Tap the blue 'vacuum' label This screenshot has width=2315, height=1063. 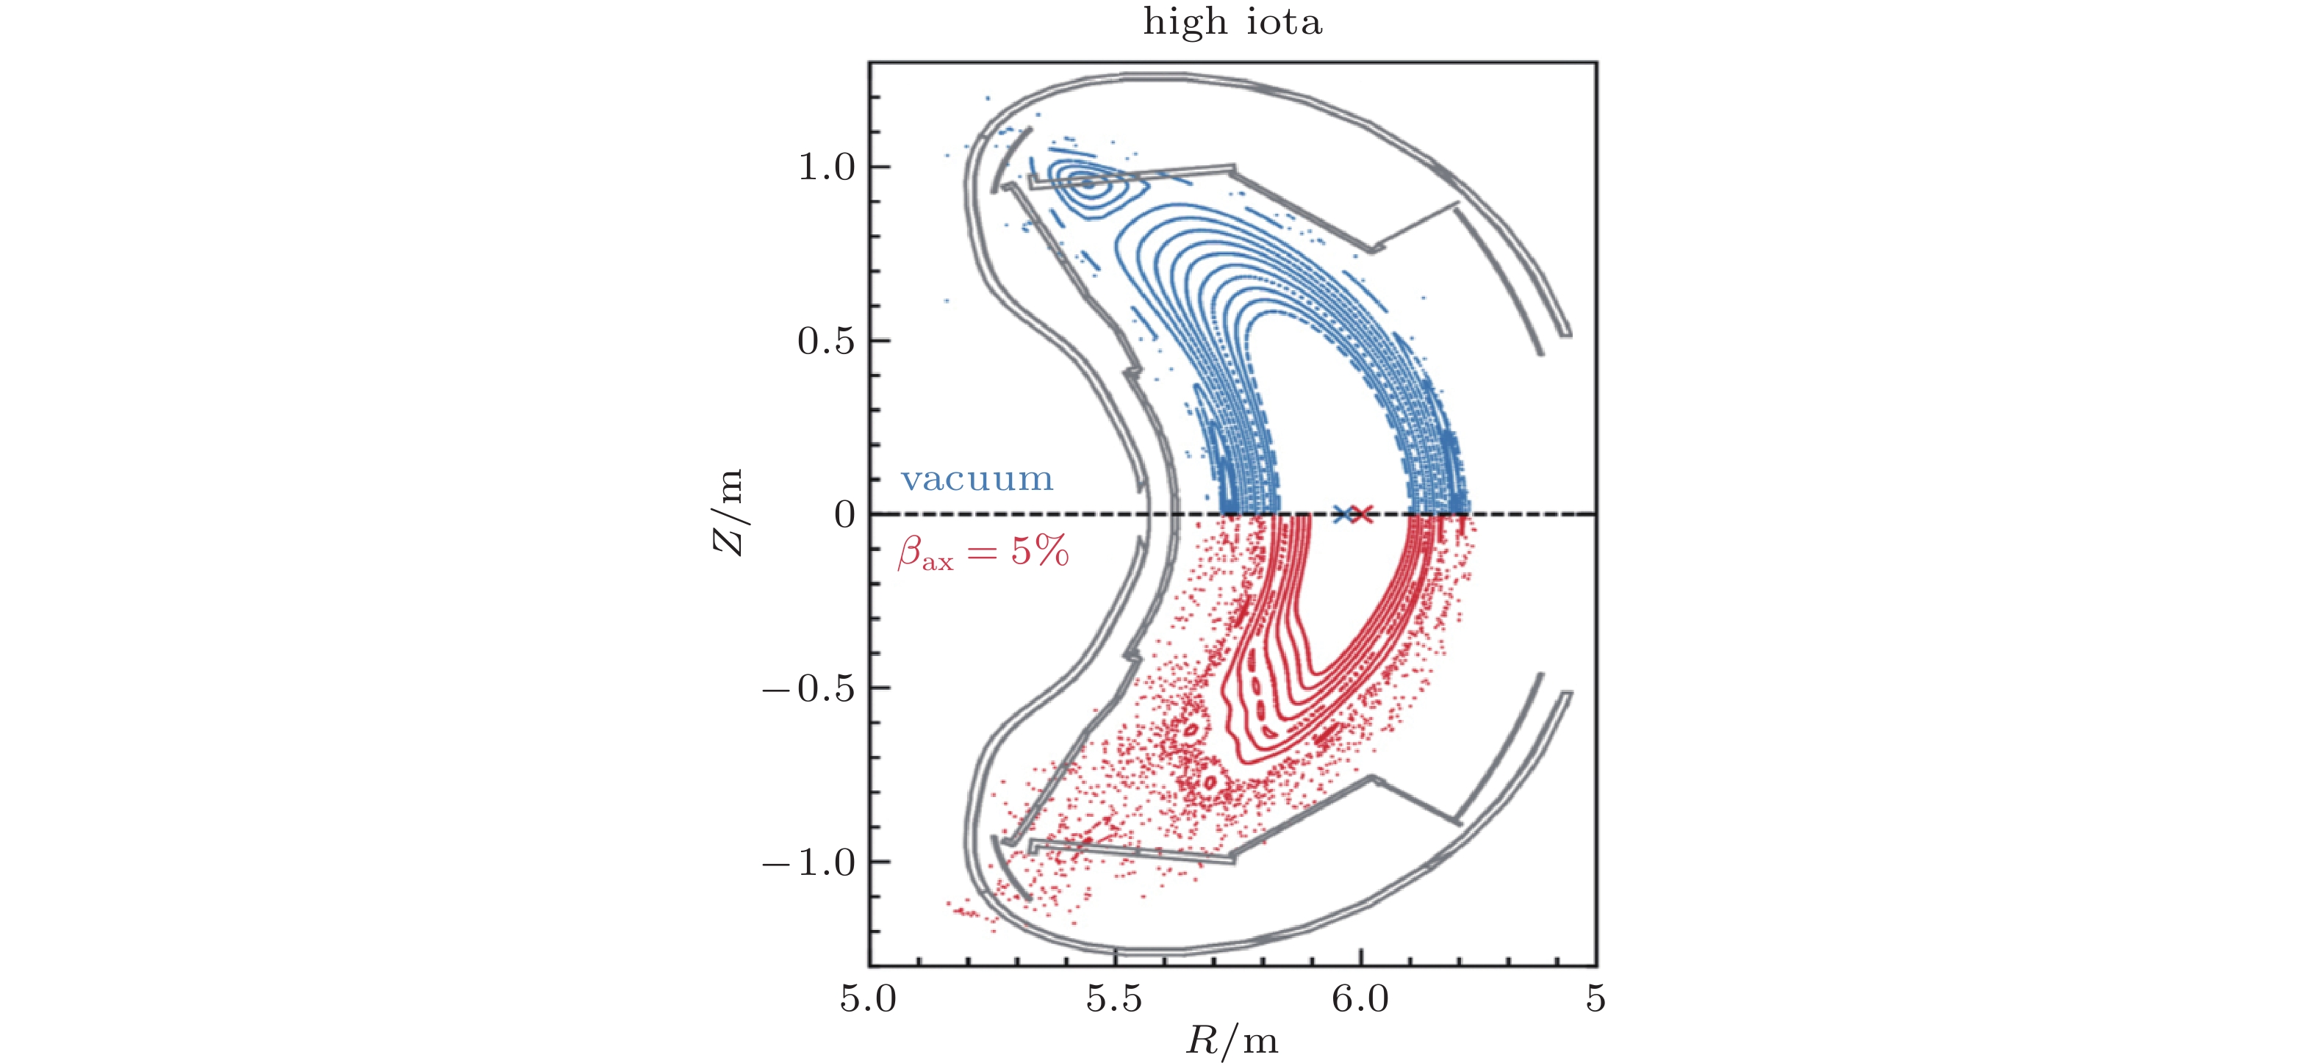[x=977, y=479]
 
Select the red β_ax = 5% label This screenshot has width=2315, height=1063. [x=983, y=552]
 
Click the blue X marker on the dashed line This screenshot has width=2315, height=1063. [x=1343, y=515]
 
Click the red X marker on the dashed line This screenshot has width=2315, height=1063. [x=1363, y=515]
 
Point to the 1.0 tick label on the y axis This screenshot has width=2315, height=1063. [x=827, y=167]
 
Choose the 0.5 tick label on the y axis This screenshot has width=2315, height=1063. [x=827, y=342]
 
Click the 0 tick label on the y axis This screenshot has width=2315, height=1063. [x=844, y=515]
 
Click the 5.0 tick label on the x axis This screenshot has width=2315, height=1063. [x=869, y=999]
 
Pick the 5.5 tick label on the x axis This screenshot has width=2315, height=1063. [x=1114, y=999]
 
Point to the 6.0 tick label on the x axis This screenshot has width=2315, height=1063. [x=1360, y=999]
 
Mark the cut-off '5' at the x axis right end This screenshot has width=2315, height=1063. [x=1596, y=999]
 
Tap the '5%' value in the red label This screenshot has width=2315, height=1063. [x=1040, y=551]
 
